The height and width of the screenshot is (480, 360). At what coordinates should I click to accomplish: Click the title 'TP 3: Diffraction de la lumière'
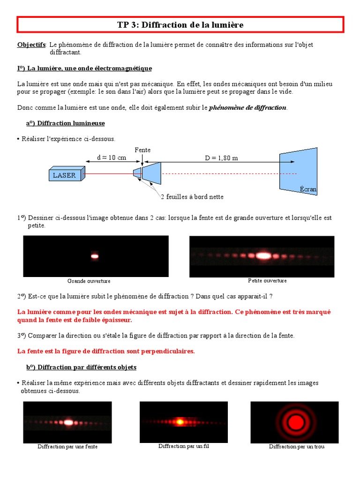[x=180, y=25]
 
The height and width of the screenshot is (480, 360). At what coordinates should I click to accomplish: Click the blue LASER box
[x=65, y=175]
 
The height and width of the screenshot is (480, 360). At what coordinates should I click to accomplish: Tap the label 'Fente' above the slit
[x=142, y=150]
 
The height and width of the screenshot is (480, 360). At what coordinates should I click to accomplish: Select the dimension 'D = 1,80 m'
[x=221, y=158]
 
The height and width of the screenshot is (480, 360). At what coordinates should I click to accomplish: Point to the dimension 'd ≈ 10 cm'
[x=112, y=158]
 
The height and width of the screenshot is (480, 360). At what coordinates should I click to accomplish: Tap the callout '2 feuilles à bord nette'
[x=192, y=197]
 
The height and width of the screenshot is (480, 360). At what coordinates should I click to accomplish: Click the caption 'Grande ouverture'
[x=89, y=281]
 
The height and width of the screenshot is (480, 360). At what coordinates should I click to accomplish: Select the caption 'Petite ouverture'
[x=267, y=280]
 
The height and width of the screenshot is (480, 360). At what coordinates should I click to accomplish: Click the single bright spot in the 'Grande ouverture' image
[x=95, y=256]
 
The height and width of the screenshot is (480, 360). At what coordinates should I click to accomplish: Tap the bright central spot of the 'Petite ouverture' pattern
[x=263, y=255]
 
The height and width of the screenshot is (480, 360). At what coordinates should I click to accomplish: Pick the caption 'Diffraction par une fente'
[x=67, y=447]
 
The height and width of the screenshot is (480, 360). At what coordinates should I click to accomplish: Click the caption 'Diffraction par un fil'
[x=183, y=446]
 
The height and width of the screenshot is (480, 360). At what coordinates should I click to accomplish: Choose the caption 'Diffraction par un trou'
[x=296, y=447]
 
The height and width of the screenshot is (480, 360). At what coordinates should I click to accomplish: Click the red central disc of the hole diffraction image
[x=296, y=422]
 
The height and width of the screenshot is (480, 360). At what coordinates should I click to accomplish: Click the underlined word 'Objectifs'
[x=31, y=45]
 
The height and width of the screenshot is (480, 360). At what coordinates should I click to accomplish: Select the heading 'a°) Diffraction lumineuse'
[x=65, y=123]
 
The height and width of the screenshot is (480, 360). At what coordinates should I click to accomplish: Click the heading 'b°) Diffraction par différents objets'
[x=81, y=367]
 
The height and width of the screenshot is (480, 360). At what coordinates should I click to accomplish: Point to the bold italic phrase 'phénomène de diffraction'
[x=247, y=107]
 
